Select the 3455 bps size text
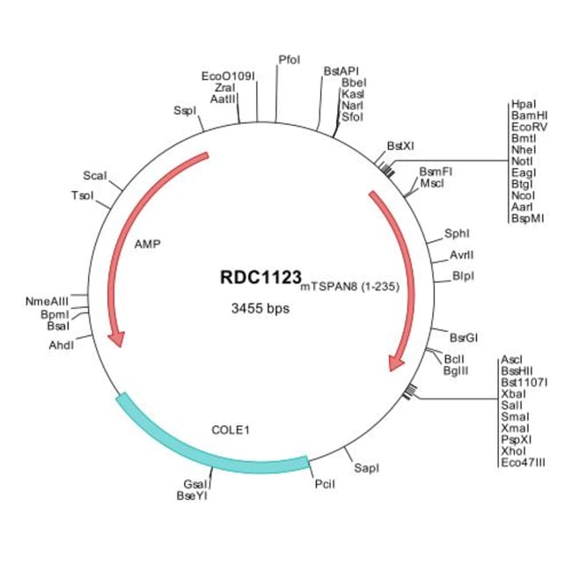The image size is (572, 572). [260, 309]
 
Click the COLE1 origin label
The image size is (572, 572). [231, 430]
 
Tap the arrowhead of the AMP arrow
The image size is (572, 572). [115, 338]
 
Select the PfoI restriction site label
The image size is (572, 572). [289, 59]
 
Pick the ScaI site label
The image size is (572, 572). [94, 176]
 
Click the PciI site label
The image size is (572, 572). [325, 484]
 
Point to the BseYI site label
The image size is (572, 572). [192, 495]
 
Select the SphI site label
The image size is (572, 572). [458, 234]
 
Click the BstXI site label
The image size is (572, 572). [400, 146]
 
